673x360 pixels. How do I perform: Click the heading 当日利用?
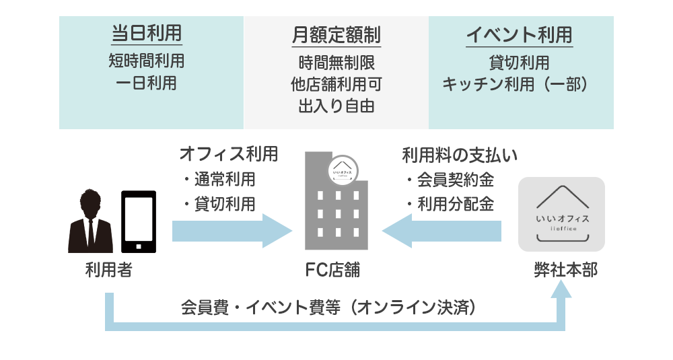pos(146,34)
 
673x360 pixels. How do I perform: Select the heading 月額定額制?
pos(336,34)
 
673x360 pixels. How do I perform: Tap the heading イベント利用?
pos(520,34)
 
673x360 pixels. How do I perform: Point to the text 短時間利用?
pos(146,61)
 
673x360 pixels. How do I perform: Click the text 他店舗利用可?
pos(336,84)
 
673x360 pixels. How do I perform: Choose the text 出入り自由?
pos(336,106)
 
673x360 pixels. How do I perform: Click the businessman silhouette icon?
pos(90,221)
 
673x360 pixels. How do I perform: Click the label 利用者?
pos(109,271)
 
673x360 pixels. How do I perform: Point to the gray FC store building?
pos(335,209)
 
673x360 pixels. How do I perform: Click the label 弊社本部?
pos(561,271)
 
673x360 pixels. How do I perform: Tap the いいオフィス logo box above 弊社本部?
pos(561,214)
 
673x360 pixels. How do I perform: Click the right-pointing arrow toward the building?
pos(232,231)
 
